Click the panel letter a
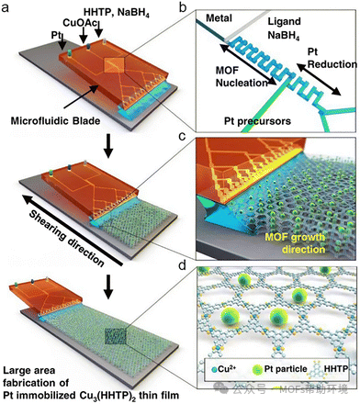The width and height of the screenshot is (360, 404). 6,7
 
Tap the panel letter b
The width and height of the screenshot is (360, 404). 183,7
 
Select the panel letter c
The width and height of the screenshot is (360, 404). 183,136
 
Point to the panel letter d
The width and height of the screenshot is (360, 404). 183,265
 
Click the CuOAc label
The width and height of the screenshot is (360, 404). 80,23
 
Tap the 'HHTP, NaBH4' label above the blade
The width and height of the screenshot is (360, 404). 117,12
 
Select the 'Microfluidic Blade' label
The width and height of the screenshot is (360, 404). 55,120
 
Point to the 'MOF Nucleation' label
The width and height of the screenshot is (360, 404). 242,76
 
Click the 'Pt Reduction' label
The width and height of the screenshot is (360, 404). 332,58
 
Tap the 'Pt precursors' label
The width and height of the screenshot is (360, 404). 257,121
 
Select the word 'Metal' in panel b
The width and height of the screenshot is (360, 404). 219,18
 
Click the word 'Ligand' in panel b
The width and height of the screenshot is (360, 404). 284,21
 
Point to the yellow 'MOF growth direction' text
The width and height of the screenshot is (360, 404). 295,243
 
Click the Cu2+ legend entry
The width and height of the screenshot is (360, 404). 224,369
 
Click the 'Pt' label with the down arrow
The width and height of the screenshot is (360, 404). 59,39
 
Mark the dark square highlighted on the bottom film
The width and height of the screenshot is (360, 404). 115,336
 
